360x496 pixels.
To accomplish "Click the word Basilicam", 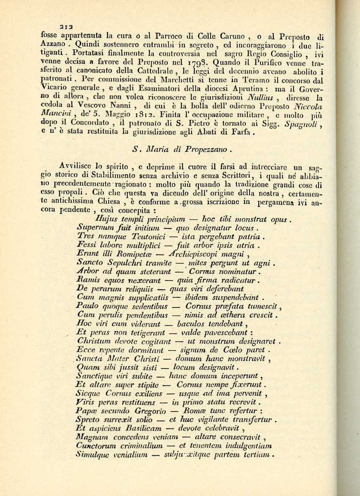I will coord(141,428).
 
